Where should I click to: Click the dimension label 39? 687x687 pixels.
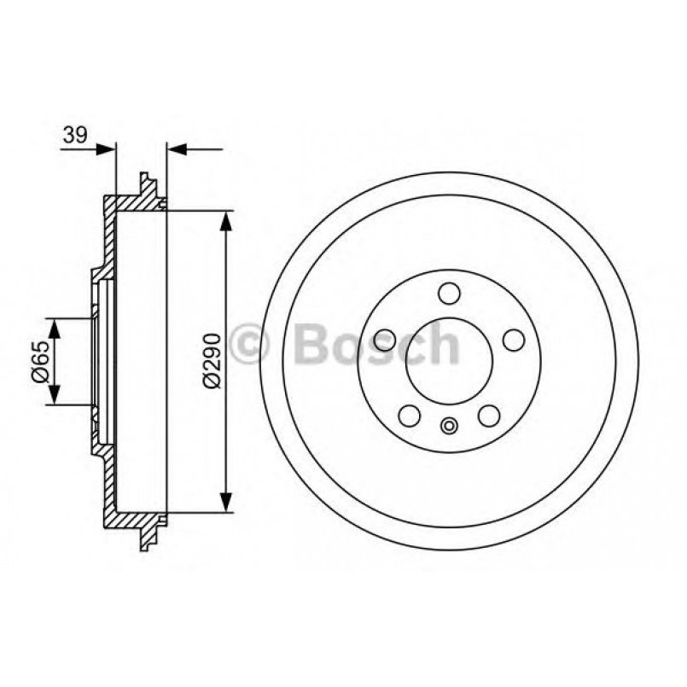(x=74, y=134)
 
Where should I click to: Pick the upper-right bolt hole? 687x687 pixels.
(x=512, y=340)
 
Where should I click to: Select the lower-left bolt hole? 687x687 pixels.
(x=409, y=416)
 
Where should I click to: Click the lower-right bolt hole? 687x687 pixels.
(x=488, y=416)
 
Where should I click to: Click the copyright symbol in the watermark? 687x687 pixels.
(x=252, y=345)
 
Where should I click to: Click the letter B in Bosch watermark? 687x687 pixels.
(x=311, y=345)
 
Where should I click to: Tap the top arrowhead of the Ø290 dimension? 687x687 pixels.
(x=226, y=220)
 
